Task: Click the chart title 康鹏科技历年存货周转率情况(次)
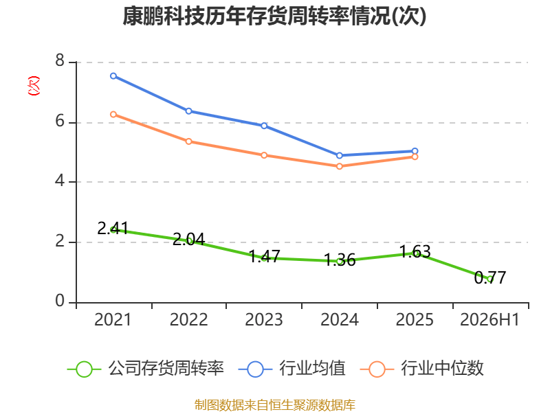[274, 16]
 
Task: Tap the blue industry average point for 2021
[113, 76]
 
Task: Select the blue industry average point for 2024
[339, 156]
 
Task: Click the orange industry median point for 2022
[188, 141]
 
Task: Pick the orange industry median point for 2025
[415, 157]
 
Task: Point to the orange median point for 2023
[264, 155]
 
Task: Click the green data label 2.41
[113, 229]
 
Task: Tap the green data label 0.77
[490, 278]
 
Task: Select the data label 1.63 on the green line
[415, 251]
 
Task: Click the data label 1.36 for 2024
[340, 260]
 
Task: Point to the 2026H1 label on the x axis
[489, 319]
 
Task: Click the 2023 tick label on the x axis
[264, 319]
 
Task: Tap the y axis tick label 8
[60, 60]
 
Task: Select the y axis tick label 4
[60, 181]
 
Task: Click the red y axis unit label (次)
[34, 86]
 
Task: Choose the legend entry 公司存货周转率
[145, 369]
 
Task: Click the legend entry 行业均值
[291, 369]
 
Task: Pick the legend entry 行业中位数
[421, 369]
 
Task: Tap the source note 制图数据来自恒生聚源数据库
[274, 404]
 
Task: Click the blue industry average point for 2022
[188, 111]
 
